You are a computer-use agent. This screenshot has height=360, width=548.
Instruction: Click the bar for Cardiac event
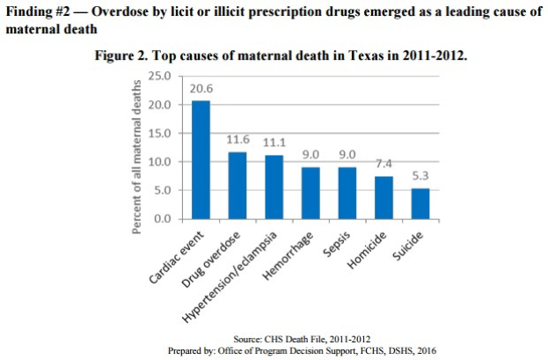point(201,159)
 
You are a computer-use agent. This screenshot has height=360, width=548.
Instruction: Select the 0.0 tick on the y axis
point(161,218)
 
